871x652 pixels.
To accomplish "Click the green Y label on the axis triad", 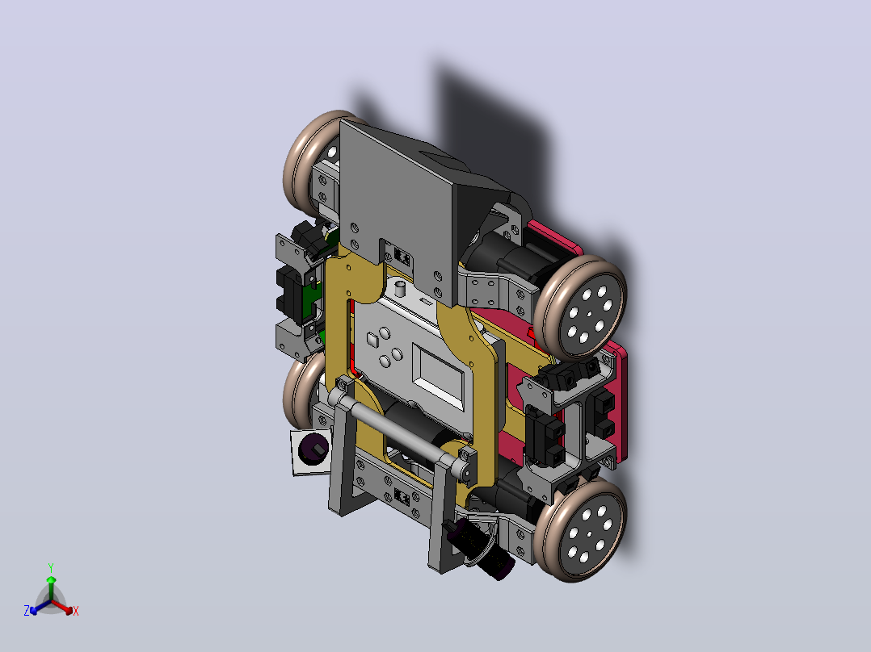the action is point(51,568).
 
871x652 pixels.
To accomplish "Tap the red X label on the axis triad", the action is point(76,611).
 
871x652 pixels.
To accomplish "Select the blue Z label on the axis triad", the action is point(27,611).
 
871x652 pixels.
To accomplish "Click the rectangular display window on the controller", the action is point(438,375).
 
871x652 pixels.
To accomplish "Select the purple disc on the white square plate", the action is point(313,449).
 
